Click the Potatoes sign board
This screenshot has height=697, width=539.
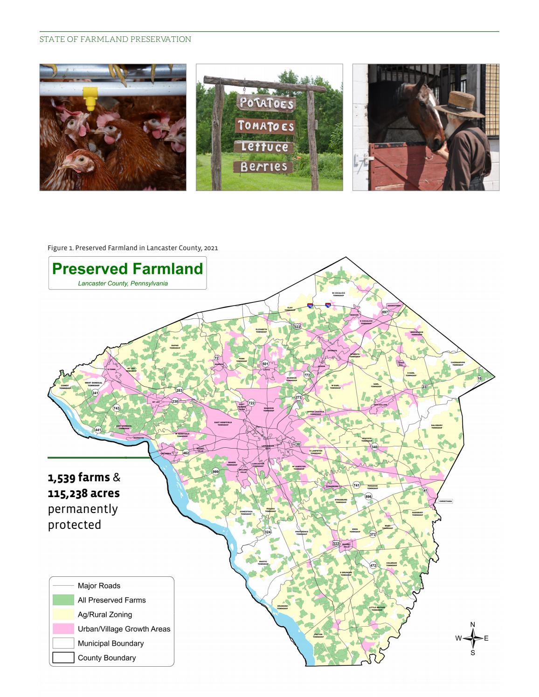point(266,103)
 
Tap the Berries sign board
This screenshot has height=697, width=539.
point(263,166)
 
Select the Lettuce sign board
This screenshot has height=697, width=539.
point(264,147)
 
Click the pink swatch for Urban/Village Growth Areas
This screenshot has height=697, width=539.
point(63,629)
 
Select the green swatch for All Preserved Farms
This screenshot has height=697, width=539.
point(63,600)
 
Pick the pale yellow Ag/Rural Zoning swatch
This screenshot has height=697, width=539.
point(63,614)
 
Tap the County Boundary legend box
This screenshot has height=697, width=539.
point(63,657)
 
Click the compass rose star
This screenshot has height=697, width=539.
point(473,638)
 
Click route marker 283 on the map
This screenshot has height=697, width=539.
point(179,390)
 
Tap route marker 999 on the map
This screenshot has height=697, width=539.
point(215,471)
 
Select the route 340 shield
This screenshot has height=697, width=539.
point(374,447)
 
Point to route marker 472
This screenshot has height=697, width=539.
point(373,565)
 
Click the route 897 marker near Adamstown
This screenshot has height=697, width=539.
point(385,312)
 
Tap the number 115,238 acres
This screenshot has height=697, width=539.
point(84,493)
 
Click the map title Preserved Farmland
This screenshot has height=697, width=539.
point(127,269)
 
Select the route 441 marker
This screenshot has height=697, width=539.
point(98,430)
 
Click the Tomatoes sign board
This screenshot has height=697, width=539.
point(266,126)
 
